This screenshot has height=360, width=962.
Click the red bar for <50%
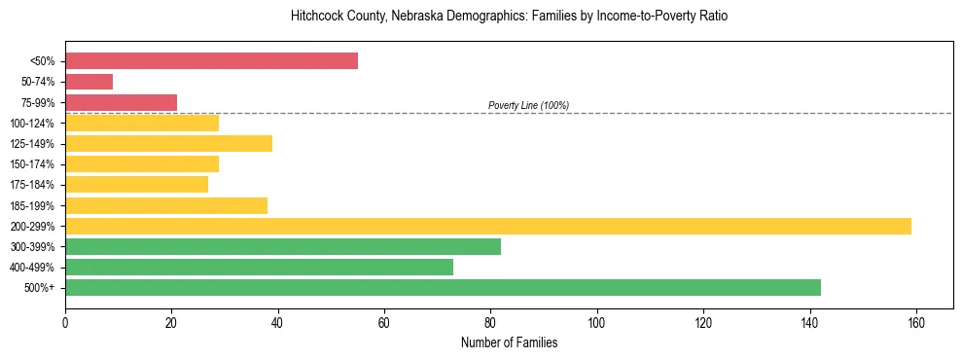(x=211, y=61)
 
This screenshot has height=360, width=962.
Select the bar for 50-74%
(x=89, y=82)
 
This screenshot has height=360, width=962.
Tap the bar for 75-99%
(x=121, y=102)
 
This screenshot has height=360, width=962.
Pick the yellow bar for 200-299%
(x=487, y=226)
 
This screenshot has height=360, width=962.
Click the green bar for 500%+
(x=443, y=287)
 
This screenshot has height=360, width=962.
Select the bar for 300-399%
(x=282, y=246)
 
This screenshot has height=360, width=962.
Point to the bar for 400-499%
(x=259, y=267)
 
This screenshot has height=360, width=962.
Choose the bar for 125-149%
(x=168, y=143)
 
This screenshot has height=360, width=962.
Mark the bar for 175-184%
(x=136, y=185)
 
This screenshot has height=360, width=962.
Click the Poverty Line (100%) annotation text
(x=528, y=105)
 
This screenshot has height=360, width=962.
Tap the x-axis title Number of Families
(x=509, y=342)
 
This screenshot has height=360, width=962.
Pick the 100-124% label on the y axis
(x=32, y=123)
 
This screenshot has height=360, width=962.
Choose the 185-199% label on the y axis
(x=32, y=205)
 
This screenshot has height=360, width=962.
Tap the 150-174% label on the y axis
(x=32, y=164)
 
